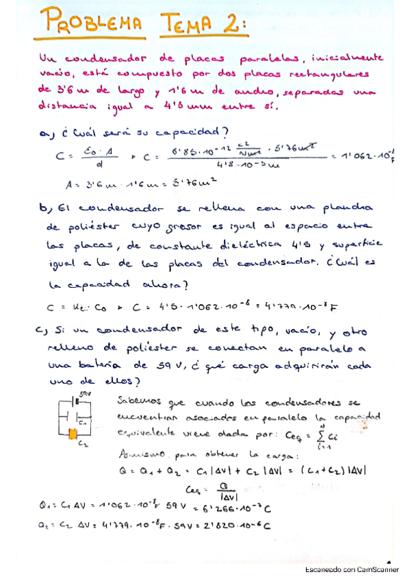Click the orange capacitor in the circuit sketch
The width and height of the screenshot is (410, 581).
coord(72,433)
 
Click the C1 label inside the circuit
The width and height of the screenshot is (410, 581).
coord(83,422)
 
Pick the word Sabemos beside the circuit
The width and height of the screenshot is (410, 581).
coord(139,401)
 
